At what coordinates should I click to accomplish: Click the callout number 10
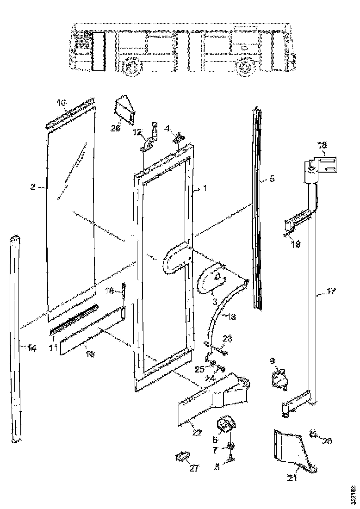(61, 102)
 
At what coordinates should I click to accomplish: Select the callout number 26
(115, 128)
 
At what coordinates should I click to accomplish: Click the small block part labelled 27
(181, 457)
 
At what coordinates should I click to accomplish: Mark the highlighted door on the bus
(98, 51)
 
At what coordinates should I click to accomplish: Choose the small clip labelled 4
(180, 137)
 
